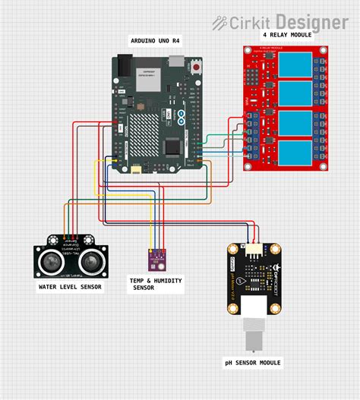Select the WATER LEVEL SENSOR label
click(x=70, y=287)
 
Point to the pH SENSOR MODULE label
click(x=253, y=363)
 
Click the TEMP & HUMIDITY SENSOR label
click(x=156, y=284)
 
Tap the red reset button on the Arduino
click(x=198, y=68)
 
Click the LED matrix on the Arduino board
click(x=148, y=133)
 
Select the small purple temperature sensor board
click(x=157, y=258)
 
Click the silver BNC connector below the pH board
click(x=253, y=335)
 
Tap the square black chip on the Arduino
click(x=174, y=146)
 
